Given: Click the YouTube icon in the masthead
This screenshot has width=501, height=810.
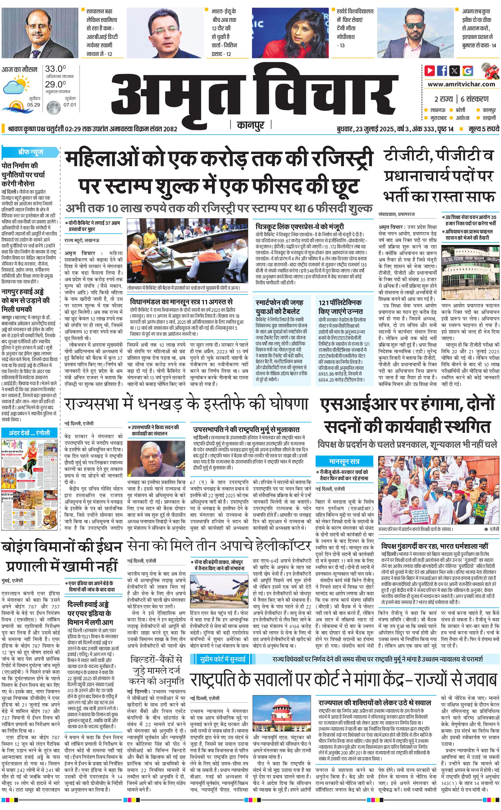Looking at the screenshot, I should click(x=430, y=71).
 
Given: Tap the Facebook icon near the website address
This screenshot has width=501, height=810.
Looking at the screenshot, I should click(x=442, y=71).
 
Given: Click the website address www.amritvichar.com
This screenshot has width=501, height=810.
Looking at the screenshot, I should click(x=461, y=84).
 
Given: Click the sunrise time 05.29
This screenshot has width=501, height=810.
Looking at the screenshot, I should click(x=34, y=105).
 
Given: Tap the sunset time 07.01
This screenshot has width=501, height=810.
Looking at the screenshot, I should click(x=70, y=105).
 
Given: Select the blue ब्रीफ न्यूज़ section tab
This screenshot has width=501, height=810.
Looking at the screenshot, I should click(x=30, y=152).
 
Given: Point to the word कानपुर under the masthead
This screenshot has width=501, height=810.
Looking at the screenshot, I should click(x=250, y=125).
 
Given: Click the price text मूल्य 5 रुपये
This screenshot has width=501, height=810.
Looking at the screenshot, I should click(x=483, y=129).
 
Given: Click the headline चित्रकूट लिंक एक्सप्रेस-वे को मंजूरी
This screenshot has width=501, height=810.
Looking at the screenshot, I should click(x=299, y=227).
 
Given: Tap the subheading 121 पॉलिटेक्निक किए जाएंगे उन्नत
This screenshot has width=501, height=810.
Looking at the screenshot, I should click(x=340, y=307).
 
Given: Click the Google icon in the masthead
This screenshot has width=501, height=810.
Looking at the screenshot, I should click(x=467, y=71).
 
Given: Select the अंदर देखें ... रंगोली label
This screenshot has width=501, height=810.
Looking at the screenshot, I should click(x=30, y=433).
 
